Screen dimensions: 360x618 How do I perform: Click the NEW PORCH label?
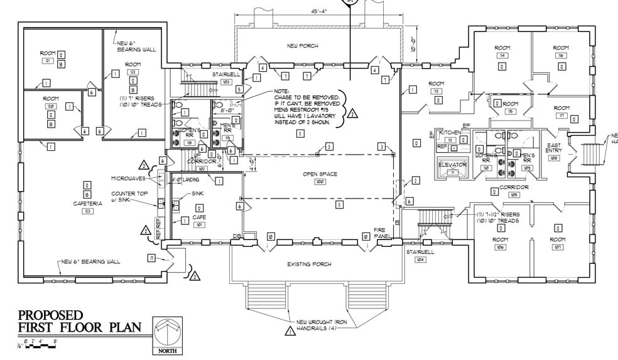(303, 46)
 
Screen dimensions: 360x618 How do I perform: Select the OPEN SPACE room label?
(320, 174)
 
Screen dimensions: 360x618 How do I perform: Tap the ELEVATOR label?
(453, 165)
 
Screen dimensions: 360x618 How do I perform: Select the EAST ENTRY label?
(553, 150)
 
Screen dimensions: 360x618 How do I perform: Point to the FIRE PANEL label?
(383, 233)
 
